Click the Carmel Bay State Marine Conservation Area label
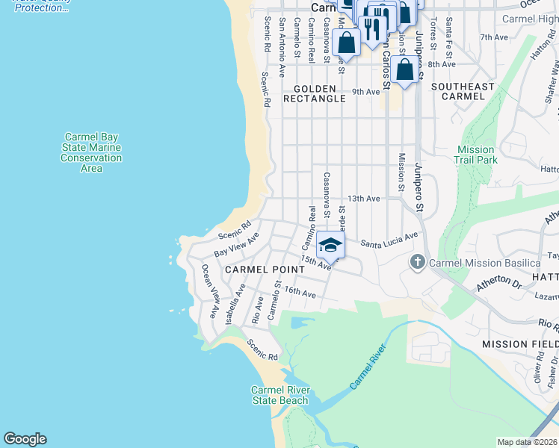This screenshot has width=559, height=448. click(x=91, y=152)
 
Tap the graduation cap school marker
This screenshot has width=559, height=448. click(x=330, y=245)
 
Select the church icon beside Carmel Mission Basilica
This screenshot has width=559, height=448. click(x=418, y=263)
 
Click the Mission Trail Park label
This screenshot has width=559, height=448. click(x=476, y=155)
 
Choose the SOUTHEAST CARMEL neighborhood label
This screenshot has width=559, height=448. click(x=463, y=93)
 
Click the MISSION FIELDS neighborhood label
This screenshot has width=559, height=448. click(x=520, y=343)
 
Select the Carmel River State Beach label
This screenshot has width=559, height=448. click(x=279, y=395)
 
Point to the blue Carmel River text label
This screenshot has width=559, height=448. click(x=370, y=367)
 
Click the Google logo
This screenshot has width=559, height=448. click(x=25, y=439)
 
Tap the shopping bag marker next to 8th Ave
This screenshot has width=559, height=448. click(x=404, y=71)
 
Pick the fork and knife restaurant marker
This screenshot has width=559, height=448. click(x=371, y=28)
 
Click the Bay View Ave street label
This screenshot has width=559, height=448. click(x=236, y=245)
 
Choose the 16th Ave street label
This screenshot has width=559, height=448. click(x=300, y=295)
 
